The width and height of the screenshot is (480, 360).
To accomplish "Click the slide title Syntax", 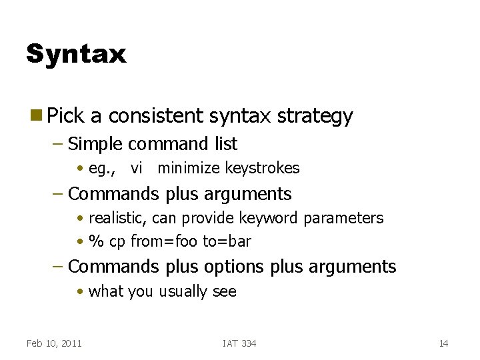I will pos(75,54).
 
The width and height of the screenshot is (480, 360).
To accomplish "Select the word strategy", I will pos(315,117).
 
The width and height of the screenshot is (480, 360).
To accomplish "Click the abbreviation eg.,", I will pos(102,168).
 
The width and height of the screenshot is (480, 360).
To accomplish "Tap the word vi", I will pos(137,168).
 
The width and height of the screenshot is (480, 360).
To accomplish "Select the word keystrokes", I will pos(262,168).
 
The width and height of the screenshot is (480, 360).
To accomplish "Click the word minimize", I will pos(188,168).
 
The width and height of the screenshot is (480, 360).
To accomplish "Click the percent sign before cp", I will pos(95,241).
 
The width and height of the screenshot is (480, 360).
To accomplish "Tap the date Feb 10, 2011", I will pos(54,343).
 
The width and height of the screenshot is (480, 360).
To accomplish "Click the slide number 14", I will pos(443,343).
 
